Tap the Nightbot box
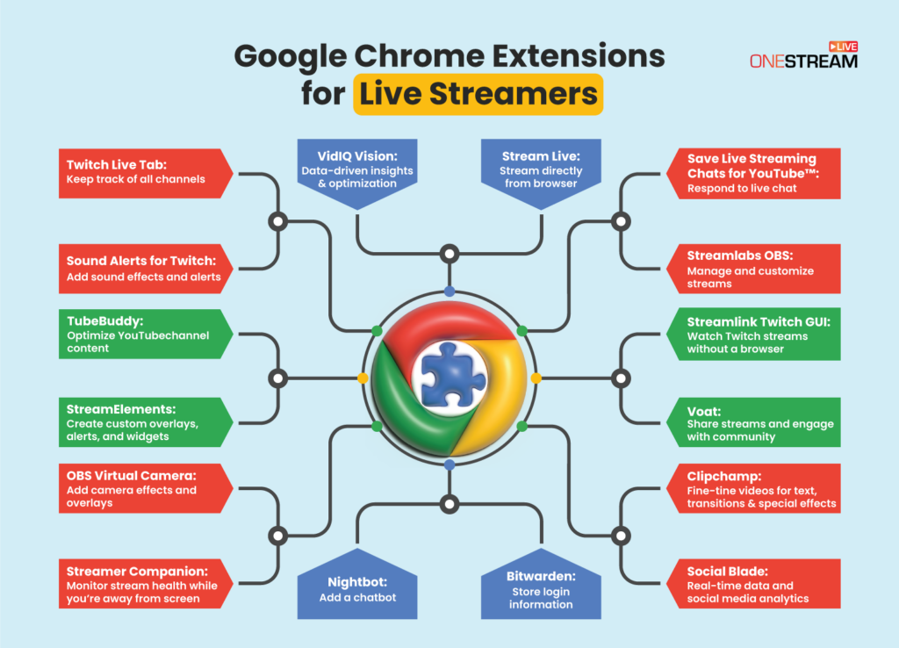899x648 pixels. pyautogui.click(x=356, y=590)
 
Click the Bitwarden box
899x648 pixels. pyautogui.click(x=540, y=590)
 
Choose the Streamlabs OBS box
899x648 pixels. pyautogui.click(x=755, y=268)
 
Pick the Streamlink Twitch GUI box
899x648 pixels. pyautogui.click(x=755, y=333)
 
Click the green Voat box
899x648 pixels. pyautogui.click(x=755, y=424)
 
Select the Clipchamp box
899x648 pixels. pyautogui.click(x=755, y=489)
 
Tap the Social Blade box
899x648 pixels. pyautogui.click(x=755, y=583)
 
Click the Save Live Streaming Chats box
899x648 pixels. pyautogui.click(x=755, y=173)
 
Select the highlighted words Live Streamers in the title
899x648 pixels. pyautogui.click(x=478, y=94)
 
